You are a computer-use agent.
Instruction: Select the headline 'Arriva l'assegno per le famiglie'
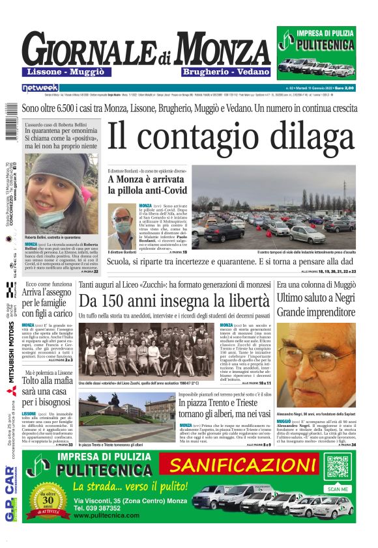click(51, 301)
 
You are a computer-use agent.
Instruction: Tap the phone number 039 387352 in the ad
click(104, 508)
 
